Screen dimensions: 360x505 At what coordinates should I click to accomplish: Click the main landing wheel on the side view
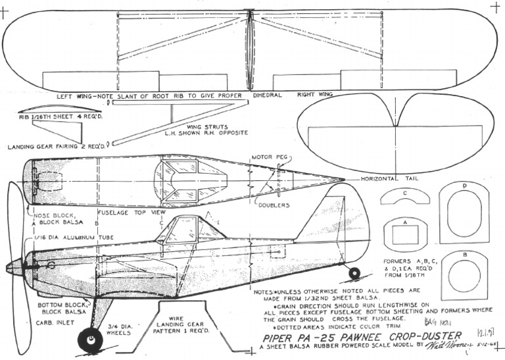point(90,340)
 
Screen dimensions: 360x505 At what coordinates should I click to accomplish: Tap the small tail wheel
point(354,272)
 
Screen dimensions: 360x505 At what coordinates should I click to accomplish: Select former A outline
point(405,233)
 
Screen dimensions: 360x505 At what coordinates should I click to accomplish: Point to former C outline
point(405,195)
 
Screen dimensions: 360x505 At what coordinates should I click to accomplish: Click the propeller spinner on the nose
point(14,267)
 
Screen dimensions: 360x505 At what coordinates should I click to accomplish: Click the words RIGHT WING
point(315,95)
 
